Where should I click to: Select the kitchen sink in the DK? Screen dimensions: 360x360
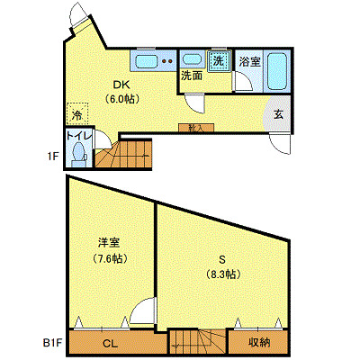(144, 62)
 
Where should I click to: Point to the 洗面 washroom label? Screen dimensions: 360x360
(192, 77)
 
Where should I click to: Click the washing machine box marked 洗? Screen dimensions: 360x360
(219, 61)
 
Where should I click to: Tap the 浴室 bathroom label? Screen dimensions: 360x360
(249, 62)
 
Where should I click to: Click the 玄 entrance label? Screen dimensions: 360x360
(279, 114)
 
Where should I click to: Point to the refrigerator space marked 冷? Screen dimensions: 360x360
(77, 115)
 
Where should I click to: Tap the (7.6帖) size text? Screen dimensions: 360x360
(110, 257)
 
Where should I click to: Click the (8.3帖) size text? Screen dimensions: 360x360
(221, 274)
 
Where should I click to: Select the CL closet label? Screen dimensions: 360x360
(109, 344)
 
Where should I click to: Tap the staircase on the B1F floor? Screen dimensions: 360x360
(197, 343)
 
